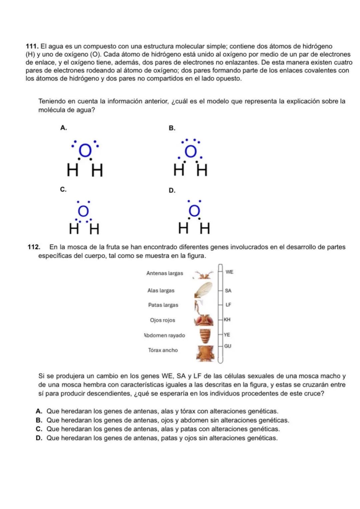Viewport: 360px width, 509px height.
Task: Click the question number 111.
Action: pyautogui.click(x=32, y=46)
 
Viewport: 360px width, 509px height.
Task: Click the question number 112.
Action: pyautogui.click(x=34, y=247)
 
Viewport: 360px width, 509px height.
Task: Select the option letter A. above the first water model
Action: pyautogui.click(x=63, y=128)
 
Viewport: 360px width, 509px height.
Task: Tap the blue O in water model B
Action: pyautogui.click(x=191, y=152)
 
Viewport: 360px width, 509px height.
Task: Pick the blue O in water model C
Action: pyautogui.click(x=83, y=211)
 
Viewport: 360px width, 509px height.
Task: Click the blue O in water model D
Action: pyautogui.click(x=194, y=211)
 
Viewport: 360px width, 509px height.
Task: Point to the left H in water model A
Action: pyautogui.click(x=72, y=171)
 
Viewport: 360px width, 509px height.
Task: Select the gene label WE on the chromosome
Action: pyautogui.click(x=229, y=272)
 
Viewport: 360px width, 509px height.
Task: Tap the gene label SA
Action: pyautogui.click(x=228, y=291)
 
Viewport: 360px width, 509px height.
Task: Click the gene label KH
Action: pyautogui.click(x=227, y=320)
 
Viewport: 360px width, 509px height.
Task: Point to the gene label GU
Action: pyautogui.click(x=228, y=346)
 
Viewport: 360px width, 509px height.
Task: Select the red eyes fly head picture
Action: pyautogui.click(x=204, y=320)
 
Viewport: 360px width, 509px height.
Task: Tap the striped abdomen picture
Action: pyautogui.click(x=205, y=336)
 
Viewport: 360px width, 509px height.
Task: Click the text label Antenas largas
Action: pyautogui.click(x=165, y=273)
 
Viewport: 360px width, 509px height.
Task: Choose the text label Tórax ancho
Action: pyautogui.click(x=163, y=350)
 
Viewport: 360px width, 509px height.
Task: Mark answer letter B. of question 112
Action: pyautogui.click(x=39, y=420)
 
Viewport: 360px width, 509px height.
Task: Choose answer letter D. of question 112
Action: pyautogui.click(x=39, y=438)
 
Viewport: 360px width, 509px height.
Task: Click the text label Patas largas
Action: pyautogui.click(x=163, y=305)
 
